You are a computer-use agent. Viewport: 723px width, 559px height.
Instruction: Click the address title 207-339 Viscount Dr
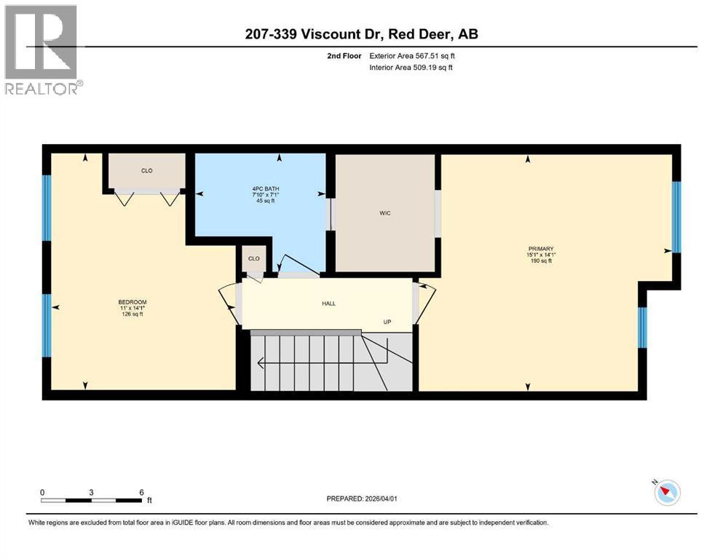coord(361,34)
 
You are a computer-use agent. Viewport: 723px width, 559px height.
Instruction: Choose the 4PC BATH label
coord(260,190)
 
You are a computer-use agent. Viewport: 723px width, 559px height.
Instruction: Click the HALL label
coord(328,304)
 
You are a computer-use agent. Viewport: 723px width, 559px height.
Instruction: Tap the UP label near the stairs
coord(388,321)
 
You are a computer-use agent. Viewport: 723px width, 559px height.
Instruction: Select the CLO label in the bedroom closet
coord(146,171)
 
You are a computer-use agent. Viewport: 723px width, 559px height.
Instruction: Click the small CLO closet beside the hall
coord(254,259)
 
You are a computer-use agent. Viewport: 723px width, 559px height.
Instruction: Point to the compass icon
coord(666,493)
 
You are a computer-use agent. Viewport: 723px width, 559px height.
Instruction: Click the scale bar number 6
coord(141,492)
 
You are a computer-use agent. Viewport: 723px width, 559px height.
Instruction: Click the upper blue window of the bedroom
coord(47,208)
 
